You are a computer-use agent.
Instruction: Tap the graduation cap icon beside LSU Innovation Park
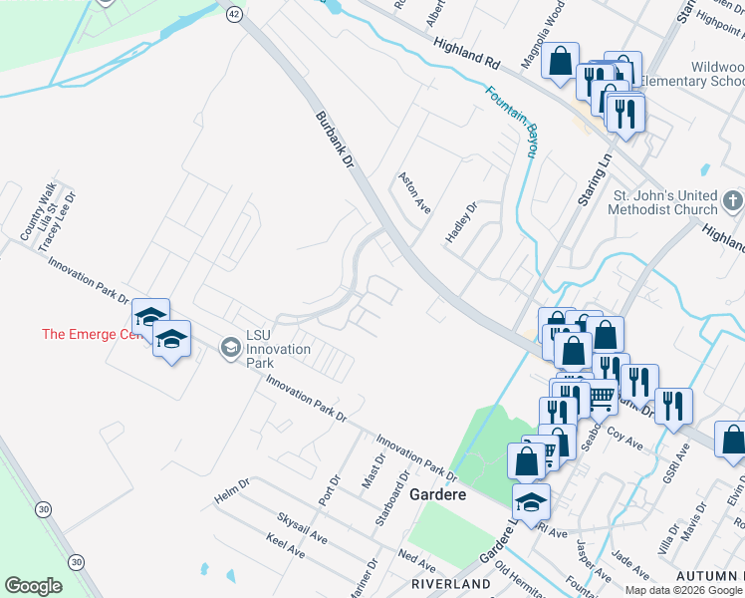click(x=231, y=347)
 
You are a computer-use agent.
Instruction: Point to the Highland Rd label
click(x=465, y=54)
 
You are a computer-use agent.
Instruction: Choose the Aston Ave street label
click(x=414, y=191)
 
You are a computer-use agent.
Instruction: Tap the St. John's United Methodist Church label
click(x=664, y=202)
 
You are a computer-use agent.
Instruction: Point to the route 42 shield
click(x=234, y=13)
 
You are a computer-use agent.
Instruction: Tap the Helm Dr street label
click(x=232, y=492)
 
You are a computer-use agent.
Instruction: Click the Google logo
click(x=33, y=585)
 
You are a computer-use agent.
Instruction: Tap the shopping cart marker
click(x=598, y=397)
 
